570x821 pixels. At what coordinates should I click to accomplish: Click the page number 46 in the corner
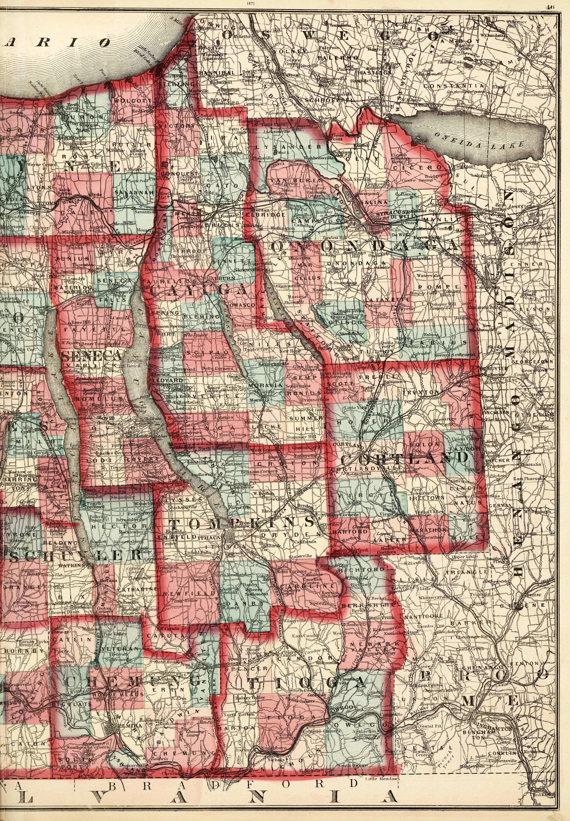point(561,5)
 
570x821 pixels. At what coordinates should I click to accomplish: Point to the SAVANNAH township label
point(135,193)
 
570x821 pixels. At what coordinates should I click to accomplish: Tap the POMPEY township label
point(443,287)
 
